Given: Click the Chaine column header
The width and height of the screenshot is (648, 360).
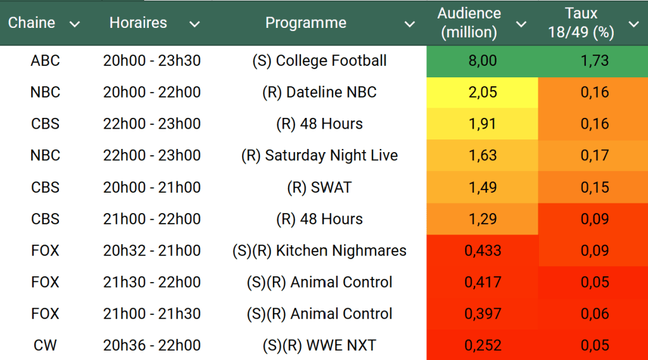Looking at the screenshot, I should click(x=32, y=23).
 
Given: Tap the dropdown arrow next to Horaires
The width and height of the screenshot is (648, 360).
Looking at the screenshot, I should click(x=194, y=24).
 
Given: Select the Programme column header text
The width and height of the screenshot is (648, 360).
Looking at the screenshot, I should click(x=305, y=23).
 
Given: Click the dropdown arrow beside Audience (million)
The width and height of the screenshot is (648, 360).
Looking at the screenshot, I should click(x=521, y=24).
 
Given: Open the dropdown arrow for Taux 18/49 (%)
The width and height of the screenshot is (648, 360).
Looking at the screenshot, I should click(x=633, y=24).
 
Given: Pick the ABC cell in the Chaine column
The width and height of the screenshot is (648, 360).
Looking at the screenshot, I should click(x=45, y=61).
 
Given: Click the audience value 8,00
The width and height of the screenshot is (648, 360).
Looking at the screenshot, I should click(x=482, y=61).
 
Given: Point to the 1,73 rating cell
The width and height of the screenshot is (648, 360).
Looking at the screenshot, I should click(x=594, y=61).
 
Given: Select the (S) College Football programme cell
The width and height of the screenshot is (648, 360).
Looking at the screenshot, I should click(x=319, y=61).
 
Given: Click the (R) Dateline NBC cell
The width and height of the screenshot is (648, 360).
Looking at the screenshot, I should click(x=319, y=93).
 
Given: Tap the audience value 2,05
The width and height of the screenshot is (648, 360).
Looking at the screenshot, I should click(x=482, y=93).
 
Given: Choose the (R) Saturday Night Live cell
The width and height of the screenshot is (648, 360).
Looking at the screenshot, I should click(x=319, y=155).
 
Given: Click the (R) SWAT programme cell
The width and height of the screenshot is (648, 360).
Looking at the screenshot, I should click(x=319, y=188).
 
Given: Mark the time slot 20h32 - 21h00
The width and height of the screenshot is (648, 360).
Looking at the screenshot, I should click(x=152, y=250).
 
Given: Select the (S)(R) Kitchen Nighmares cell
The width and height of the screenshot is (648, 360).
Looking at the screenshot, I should click(x=319, y=250).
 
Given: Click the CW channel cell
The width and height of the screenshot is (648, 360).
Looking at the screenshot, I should click(x=45, y=345).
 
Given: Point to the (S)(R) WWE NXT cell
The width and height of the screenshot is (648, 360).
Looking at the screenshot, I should click(x=319, y=345).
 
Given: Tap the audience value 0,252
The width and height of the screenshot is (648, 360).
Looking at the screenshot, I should click(x=482, y=345).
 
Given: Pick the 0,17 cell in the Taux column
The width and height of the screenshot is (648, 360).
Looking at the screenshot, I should click(x=594, y=155).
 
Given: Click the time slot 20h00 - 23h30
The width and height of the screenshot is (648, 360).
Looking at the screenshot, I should click(x=152, y=61).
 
